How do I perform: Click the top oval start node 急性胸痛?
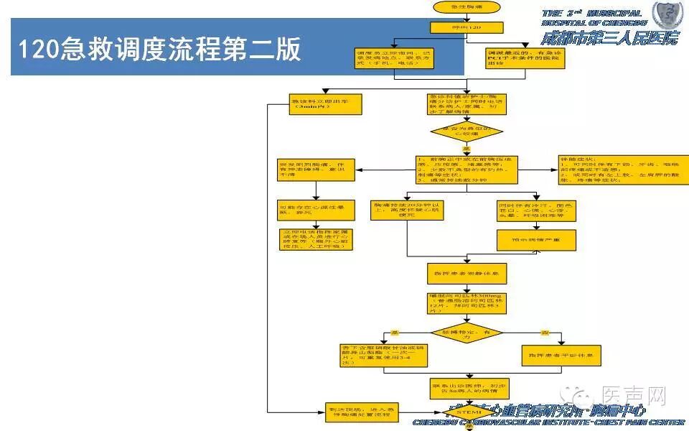click(x=466, y=7)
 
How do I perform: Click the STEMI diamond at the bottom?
click(x=467, y=412)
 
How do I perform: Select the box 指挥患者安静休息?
click(x=467, y=274)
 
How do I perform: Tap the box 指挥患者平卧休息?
click(x=559, y=355)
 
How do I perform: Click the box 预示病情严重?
click(x=536, y=240)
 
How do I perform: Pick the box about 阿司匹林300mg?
click(x=467, y=302)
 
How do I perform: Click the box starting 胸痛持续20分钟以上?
click(x=407, y=210)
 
